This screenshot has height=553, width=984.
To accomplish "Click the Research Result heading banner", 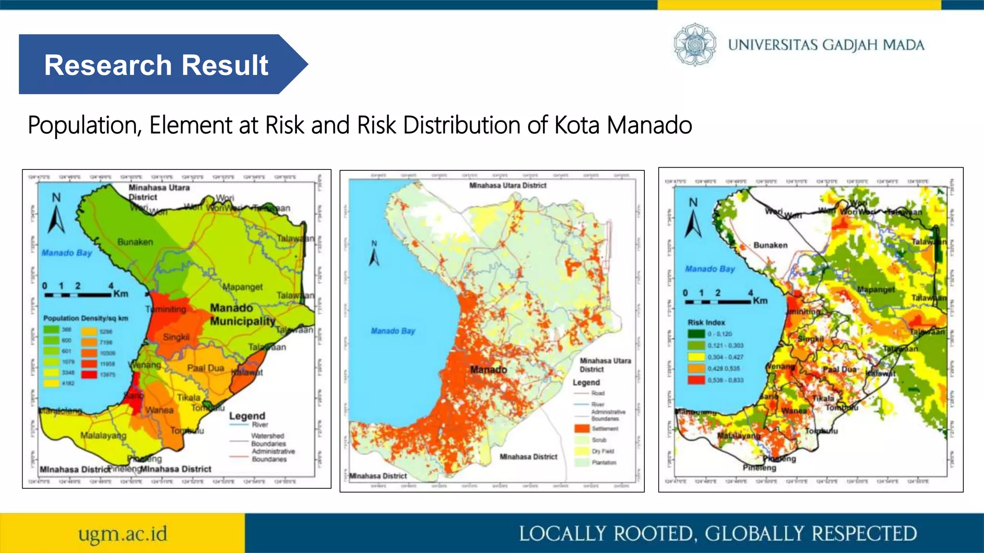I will coord(156,65).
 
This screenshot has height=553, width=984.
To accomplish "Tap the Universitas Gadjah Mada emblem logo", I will coord(694,45).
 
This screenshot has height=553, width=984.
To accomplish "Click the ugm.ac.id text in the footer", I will coord(123,533).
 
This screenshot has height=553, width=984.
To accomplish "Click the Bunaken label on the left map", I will coord(135,242).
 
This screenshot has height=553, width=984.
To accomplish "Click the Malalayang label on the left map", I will coord(103,435).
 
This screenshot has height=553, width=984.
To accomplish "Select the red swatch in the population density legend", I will coord(89,374).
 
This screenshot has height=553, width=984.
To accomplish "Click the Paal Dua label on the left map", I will coord(206,368).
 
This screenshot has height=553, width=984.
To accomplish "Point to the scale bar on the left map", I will coord(78,294).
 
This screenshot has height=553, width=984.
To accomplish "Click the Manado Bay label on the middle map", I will coord(393,331).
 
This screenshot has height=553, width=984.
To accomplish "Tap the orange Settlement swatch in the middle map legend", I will coord(581,428).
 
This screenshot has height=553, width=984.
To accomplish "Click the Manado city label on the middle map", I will coord(488,370).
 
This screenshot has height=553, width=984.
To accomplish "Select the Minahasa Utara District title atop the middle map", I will coord(507,185).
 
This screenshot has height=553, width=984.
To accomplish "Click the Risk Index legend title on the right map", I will coord(706,323).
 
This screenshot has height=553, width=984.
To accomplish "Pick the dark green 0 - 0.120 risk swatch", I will coord(696,334).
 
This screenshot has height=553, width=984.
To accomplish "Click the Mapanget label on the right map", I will coord(876,289).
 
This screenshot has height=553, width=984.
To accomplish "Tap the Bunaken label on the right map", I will coord(770,245).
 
